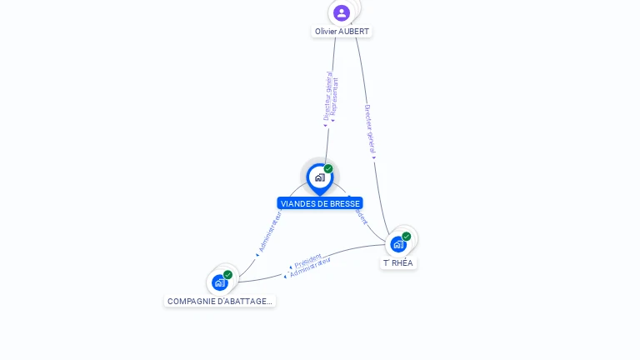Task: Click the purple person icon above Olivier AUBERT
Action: click(x=342, y=12)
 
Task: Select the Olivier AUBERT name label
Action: click(x=342, y=32)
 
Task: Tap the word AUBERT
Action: click(x=354, y=32)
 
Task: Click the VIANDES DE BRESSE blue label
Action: click(x=320, y=203)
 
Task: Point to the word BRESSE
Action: click(x=345, y=203)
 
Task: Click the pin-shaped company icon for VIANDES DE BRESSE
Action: click(x=319, y=177)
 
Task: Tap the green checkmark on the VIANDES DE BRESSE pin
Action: click(x=328, y=169)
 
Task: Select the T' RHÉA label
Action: click(x=398, y=263)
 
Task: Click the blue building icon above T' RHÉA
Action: click(x=398, y=244)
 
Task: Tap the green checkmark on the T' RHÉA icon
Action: click(x=407, y=236)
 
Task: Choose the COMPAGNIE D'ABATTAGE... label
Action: click(x=219, y=302)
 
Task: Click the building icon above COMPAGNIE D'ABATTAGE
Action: click(x=219, y=282)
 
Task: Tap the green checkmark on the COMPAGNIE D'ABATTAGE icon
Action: click(x=227, y=274)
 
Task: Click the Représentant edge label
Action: click(x=335, y=98)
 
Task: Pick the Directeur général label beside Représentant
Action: click(x=327, y=97)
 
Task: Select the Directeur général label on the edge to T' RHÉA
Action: click(x=371, y=129)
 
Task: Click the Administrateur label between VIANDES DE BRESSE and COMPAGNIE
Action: click(x=269, y=232)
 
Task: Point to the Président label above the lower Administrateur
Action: click(x=307, y=261)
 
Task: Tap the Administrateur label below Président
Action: click(x=310, y=267)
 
